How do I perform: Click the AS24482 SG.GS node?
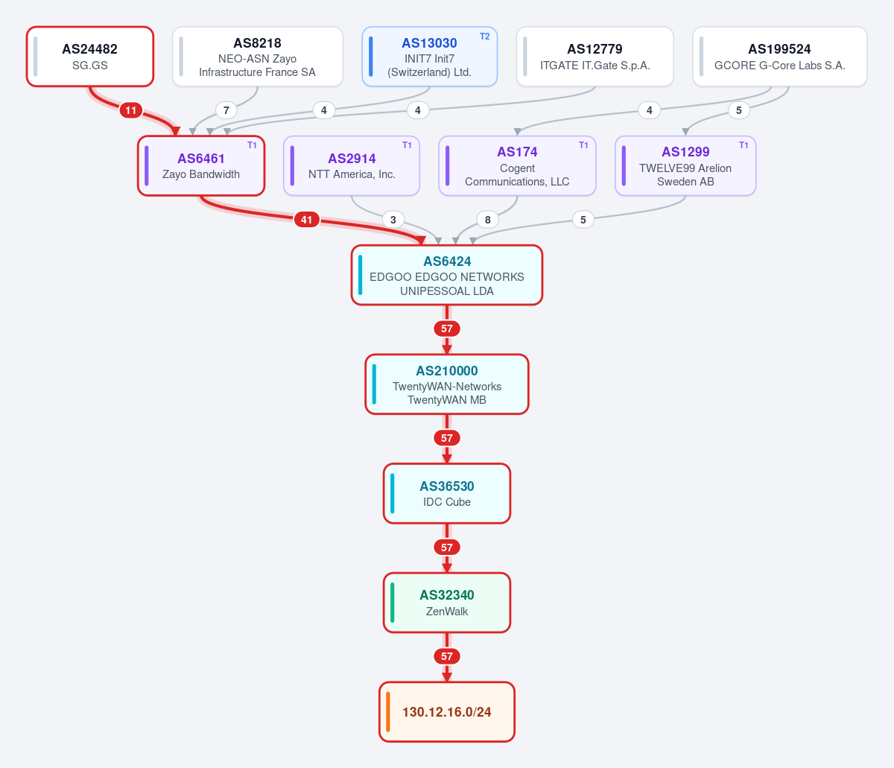coord(90,57)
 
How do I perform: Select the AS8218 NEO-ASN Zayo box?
coord(258,57)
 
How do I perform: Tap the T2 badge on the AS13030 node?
coord(485,37)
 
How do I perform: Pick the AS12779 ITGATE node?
coord(595,57)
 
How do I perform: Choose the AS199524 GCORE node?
coord(780,57)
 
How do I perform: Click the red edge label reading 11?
coord(131,110)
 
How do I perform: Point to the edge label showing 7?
coord(226,110)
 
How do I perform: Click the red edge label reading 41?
coord(307,220)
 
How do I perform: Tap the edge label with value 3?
coord(393,220)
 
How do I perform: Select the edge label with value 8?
coord(487,220)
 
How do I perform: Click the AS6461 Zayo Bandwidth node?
coord(201,166)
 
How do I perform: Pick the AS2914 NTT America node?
coord(352,166)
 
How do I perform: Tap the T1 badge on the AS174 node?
coord(583,145)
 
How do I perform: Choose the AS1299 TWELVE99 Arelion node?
coord(685,166)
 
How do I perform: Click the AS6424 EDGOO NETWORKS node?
coord(447,276)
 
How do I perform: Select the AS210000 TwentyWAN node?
coord(447,384)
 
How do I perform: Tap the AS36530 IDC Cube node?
coord(447,493)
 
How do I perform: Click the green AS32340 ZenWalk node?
coord(447,603)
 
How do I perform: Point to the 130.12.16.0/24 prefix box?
coord(447,712)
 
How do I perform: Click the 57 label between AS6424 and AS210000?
coord(447,329)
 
